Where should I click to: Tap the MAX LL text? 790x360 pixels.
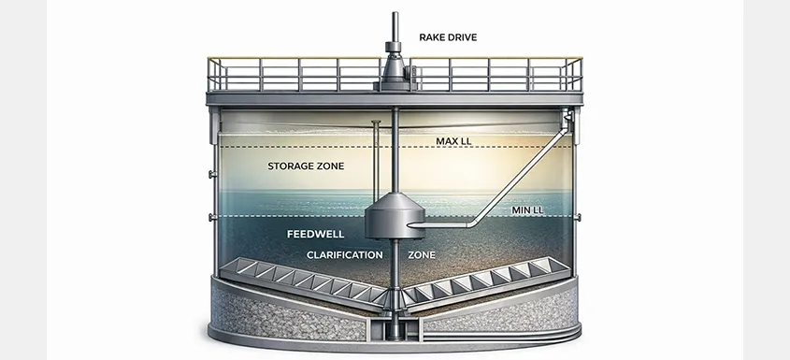point(454,141)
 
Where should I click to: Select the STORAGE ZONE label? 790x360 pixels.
point(306,166)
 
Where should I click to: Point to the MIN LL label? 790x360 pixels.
point(527,210)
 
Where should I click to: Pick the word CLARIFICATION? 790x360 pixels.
point(345,254)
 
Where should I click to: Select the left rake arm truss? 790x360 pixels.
point(299,280)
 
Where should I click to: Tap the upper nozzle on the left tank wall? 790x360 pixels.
point(208,174)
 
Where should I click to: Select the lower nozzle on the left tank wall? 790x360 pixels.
point(208,219)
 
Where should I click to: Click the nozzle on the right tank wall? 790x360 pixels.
point(579,217)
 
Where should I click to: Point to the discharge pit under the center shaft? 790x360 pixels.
point(395,329)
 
